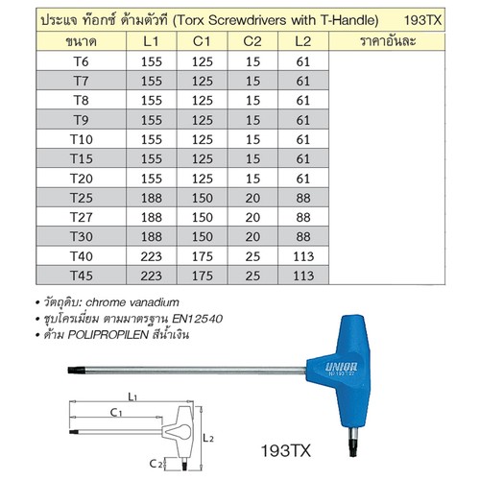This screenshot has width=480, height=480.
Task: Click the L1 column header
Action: pos(151,41)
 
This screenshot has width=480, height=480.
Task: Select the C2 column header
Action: pos(252,41)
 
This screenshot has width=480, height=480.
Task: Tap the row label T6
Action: pos(81,61)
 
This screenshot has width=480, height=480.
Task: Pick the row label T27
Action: pos(82,217)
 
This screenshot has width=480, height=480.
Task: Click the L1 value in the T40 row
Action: pos(151,256)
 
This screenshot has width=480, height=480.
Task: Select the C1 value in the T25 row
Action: pos(203,198)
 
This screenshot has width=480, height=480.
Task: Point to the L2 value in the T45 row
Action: pos(303,276)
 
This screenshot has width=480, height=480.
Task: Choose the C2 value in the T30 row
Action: pos(252,237)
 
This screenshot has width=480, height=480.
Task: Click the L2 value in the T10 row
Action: pos(303,139)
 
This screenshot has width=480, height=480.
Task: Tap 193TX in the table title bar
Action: pos(422,20)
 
